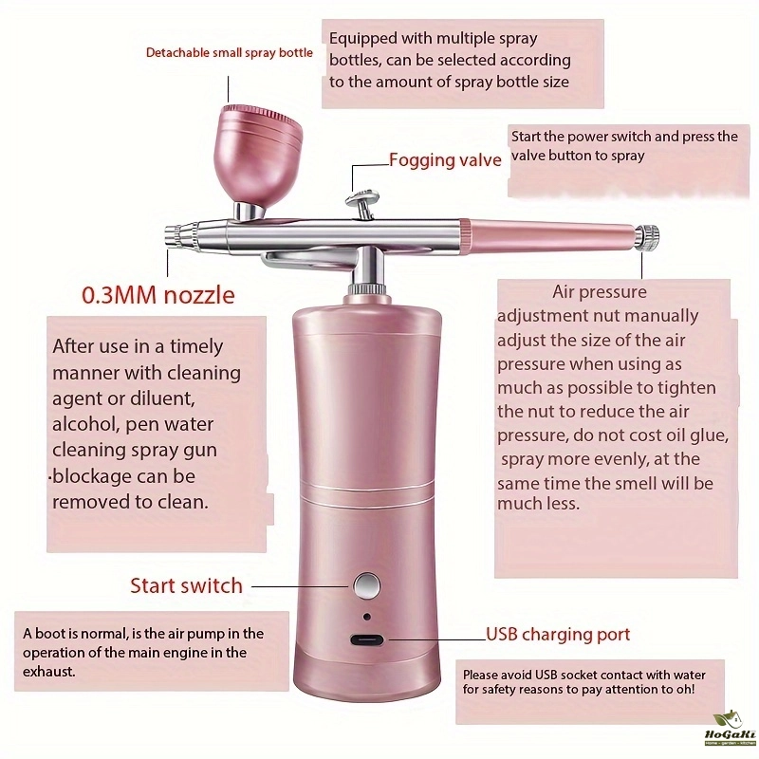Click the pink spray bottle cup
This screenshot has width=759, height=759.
coord(260,155)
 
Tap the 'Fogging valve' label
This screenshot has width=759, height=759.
coord(445,159)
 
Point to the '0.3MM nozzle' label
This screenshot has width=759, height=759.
coord(157,295)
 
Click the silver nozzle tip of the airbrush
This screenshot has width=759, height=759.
coord(173,236)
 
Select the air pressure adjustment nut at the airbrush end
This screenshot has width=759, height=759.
coord(647,237)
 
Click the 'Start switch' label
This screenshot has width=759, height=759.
coord(186,585)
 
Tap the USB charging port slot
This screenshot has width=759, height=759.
coord(366,640)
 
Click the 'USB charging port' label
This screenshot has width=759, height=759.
coord(558,634)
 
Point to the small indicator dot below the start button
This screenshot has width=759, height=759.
coord(367,617)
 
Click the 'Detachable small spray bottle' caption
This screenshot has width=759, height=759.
coord(230,52)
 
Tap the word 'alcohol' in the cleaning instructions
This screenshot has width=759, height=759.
coord(85,424)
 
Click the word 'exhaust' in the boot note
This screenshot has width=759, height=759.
coord(49,672)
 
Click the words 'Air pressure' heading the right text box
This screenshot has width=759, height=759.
coord(600,292)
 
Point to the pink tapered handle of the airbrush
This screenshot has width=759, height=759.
coord(547,236)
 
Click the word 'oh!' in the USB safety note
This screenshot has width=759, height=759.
coord(685,689)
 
